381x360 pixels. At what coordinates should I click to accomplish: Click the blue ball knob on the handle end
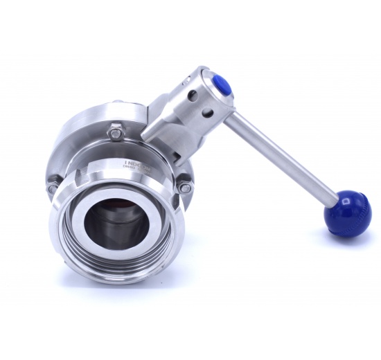pos(349,215)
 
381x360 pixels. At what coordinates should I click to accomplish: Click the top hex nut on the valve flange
pos(116,130)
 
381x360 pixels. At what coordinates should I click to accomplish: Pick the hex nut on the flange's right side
pos(184,186)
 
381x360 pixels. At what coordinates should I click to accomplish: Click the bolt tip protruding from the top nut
pos(116,125)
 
